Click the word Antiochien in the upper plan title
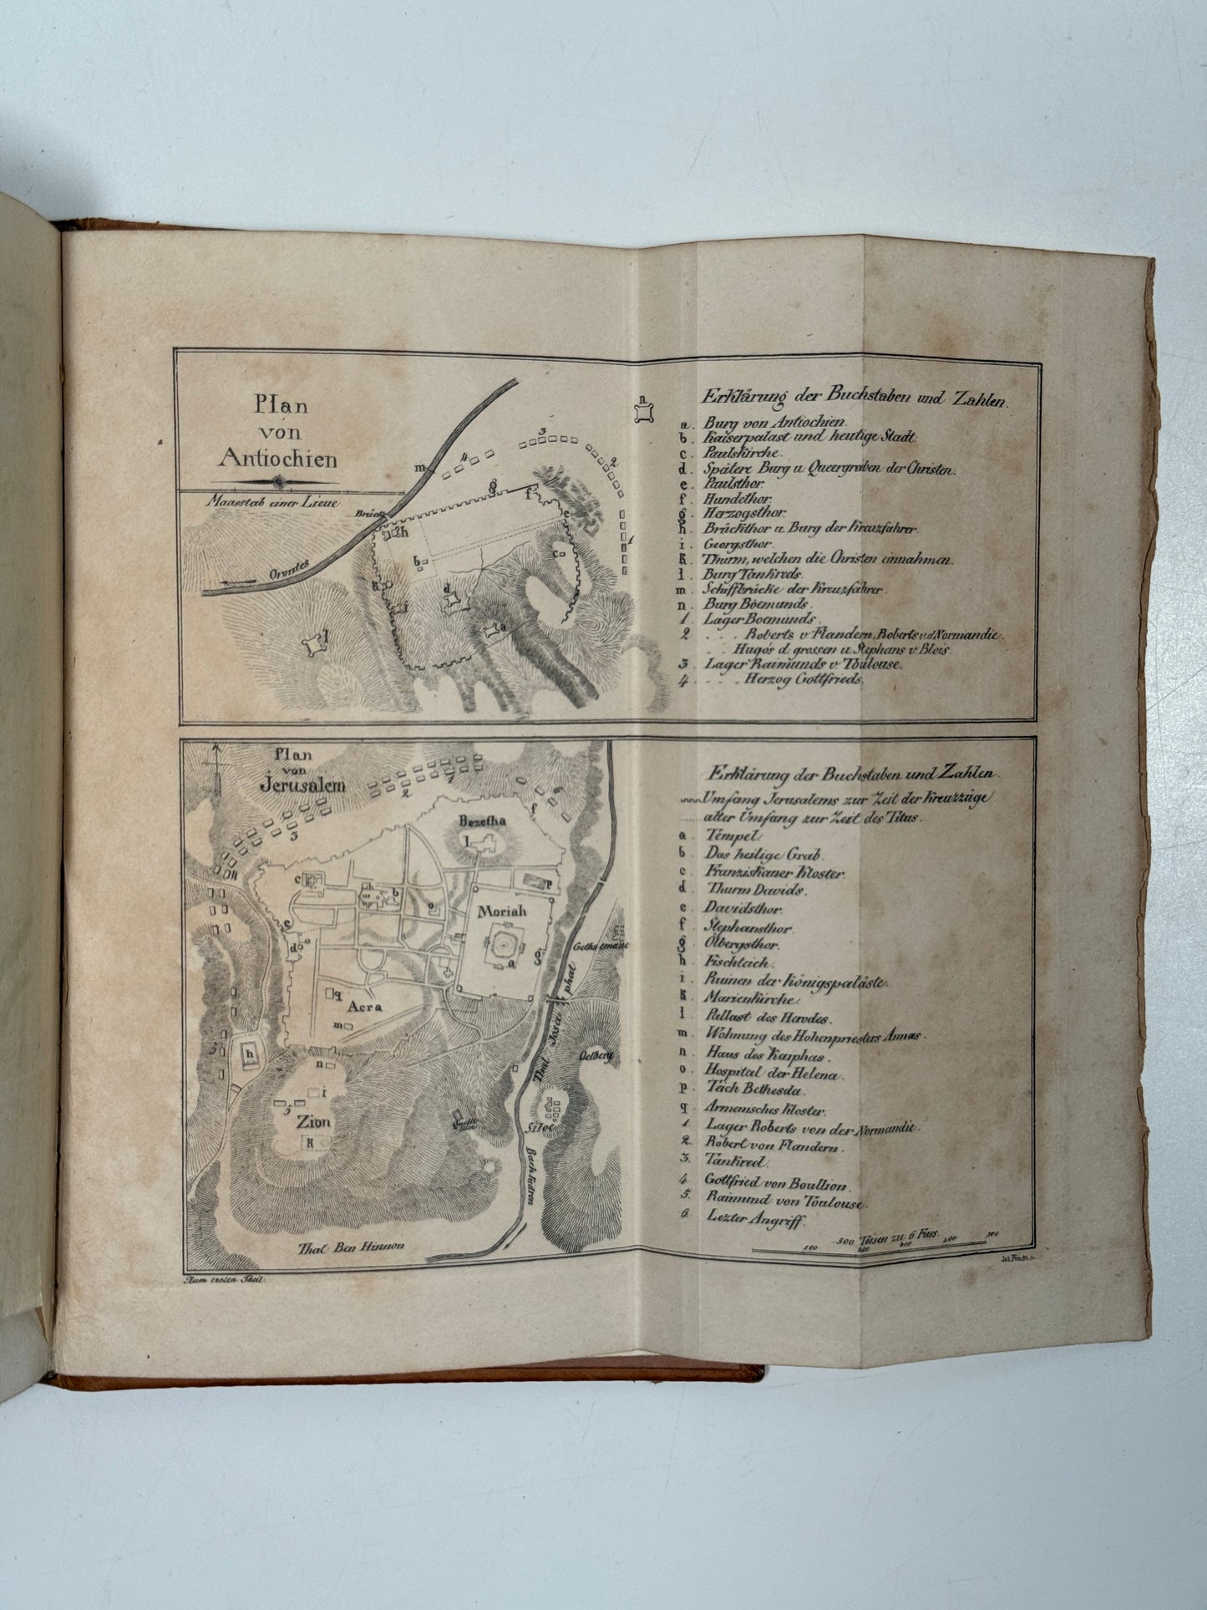[277, 458]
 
